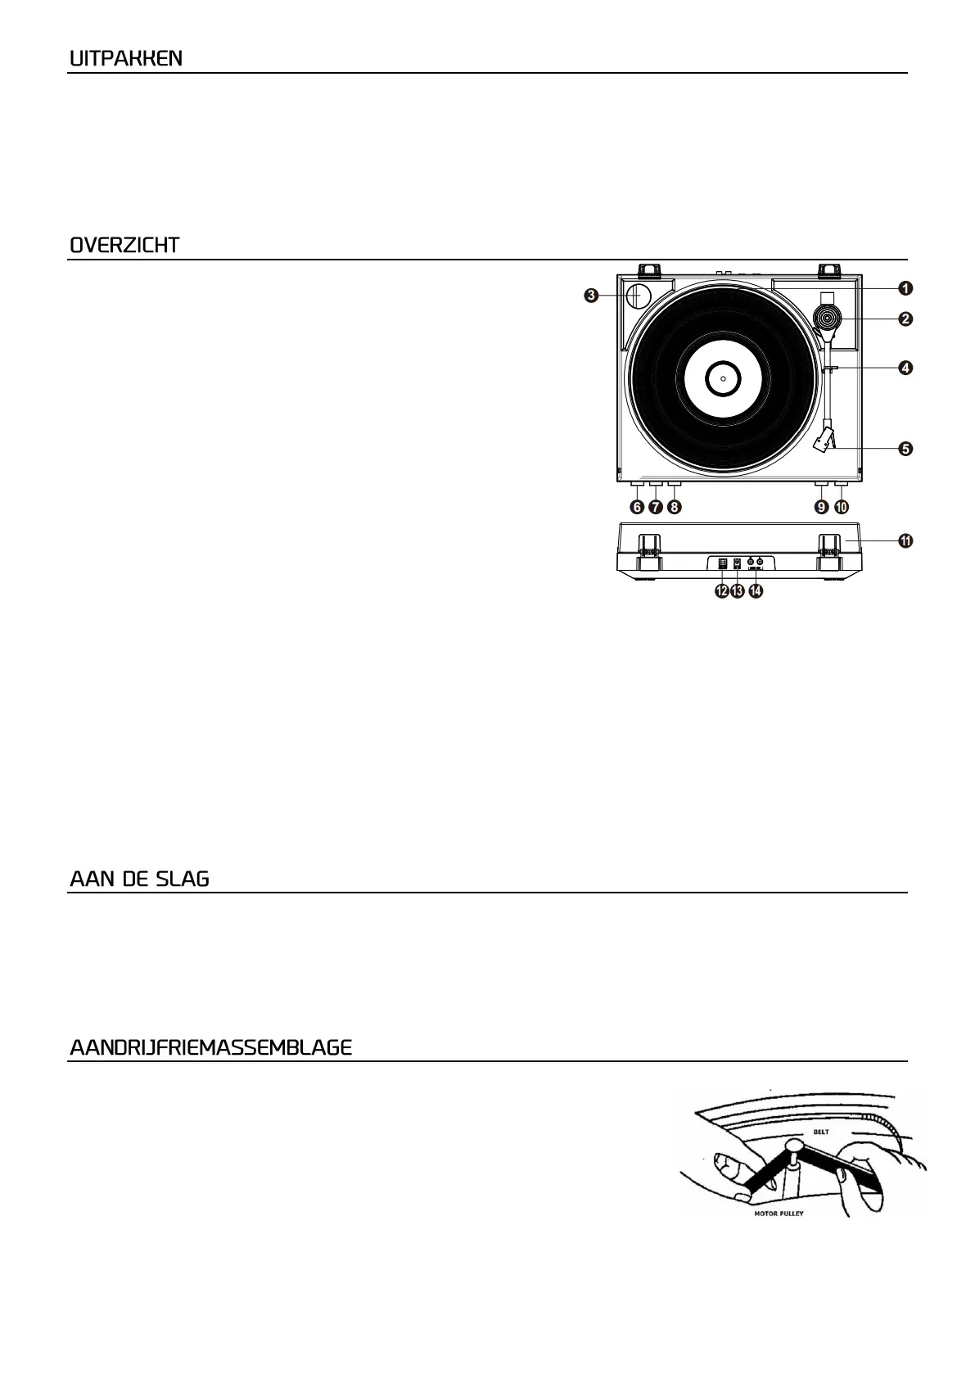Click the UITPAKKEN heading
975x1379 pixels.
coord(126,59)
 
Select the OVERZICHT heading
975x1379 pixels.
coord(124,246)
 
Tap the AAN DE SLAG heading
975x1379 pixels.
coord(139,879)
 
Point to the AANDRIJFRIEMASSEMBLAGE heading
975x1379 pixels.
coord(211,1048)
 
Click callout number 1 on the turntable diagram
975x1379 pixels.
coord(905,288)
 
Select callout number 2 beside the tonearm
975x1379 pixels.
coord(905,319)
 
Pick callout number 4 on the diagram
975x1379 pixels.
coord(905,368)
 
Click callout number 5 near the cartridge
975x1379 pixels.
coord(905,449)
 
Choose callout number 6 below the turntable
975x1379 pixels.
coord(636,508)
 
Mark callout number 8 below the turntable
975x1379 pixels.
coord(674,508)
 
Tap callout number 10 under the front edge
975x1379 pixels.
coord(842,508)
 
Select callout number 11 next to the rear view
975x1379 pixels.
coord(905,540)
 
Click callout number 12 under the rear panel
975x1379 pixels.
coord(721,591)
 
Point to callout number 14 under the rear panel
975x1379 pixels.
coord(755,591)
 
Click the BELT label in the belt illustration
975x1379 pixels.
coord(820,1133)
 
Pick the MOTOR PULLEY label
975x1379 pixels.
coord(779,1214)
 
